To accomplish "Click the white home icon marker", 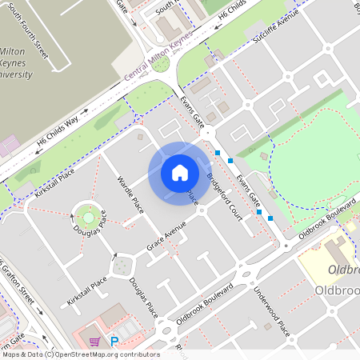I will coord(180,173).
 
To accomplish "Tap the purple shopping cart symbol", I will coord(95,342).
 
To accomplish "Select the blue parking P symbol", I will coord(114,342).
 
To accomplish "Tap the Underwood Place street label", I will coord(268,313).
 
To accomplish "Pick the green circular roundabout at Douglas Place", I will coord(88,215).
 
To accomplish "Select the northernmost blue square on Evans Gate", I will coord(218,151).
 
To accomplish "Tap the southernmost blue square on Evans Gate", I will coord(270,218).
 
